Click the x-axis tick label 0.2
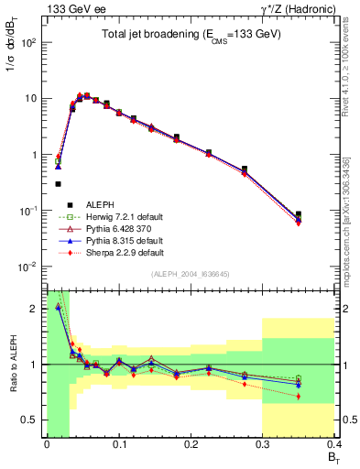[x=191, y=444]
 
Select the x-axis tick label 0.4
[x=333, y=444]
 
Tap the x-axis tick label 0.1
[x=118, y=444]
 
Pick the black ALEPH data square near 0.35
[x=323, y=214]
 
